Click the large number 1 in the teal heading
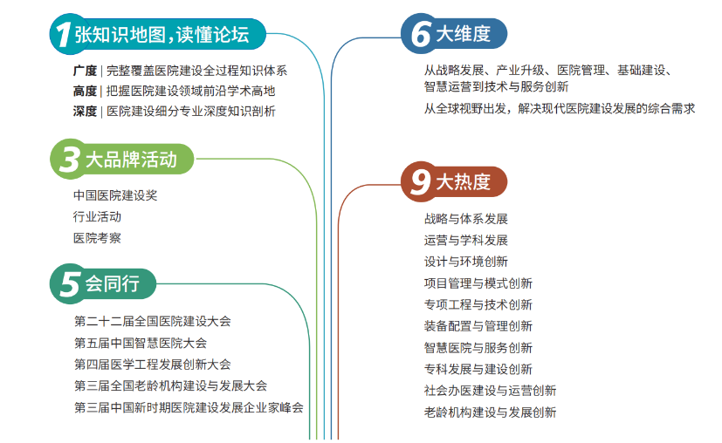click(x=61, y=35)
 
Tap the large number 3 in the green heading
click(x=66, y=160)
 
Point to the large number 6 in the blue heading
click(x=421, y=35)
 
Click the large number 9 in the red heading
click(x=421, y=181)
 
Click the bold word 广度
click(x=85, y=71)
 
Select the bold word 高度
click(x=85, y=91)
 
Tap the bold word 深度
click(x=85, y=111)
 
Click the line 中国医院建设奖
click(x=115, y=195)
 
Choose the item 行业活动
click(x=97, y=216)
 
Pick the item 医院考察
click(x=97, y=237)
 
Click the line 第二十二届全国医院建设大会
click(x=153, y=322)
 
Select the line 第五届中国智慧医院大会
click(x=141, y=343)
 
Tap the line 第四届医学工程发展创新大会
click(x=153, y=364)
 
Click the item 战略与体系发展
click(x=465, y=219)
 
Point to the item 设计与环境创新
click(x=465, y=262)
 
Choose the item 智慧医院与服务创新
click(x=478, y=347)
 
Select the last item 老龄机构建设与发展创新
click(x=490, y=412)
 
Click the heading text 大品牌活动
click(x=131, y=160)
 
